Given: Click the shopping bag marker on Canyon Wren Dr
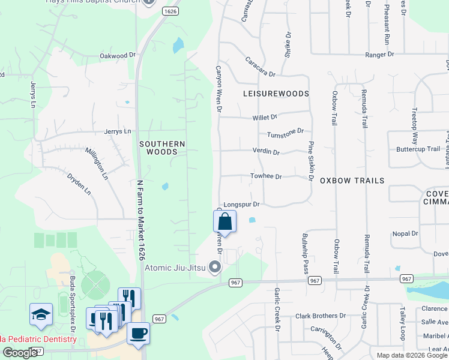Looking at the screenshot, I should click(x=224, y=220).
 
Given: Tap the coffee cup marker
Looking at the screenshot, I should click(x=138, y=333).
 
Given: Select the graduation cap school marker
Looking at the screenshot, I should click(x=41, y=314).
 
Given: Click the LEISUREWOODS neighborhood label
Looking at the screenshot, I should click(x=276, y=94).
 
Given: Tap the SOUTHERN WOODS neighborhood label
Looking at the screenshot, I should click(x=162, y=148).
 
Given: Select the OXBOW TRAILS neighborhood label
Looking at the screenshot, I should click(x=352, y=180).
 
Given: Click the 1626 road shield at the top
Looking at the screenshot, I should click(x=170, y=11).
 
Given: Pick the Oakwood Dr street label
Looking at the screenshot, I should click(x=114, y=56).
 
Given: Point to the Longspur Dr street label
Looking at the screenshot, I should click(x=241, y=205).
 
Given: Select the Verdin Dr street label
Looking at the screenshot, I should click(x=266, y=152).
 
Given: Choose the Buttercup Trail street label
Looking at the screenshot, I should click(x=418, y=149).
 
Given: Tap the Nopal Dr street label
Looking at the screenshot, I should click(x=405, y=233).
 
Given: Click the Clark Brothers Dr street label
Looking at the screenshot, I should click(x=322, y=316).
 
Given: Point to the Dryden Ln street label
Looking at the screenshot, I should click(x=79, y=184).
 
